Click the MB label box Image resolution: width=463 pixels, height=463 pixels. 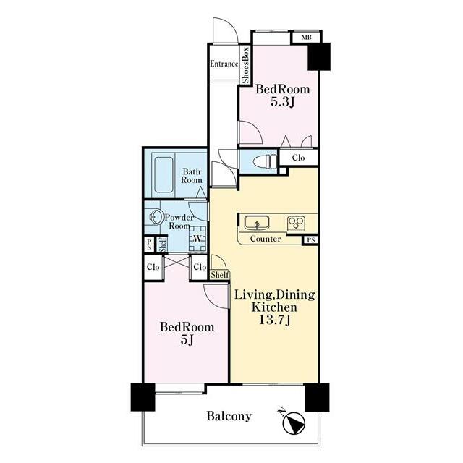(x=306, y=38)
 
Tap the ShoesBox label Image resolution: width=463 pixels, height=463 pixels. (x=245, y=64)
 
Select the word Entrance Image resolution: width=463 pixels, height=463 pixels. (x=224, y=64)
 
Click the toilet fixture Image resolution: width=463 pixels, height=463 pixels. (x=265, y=162)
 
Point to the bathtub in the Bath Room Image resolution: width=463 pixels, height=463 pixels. (x=163, y=175)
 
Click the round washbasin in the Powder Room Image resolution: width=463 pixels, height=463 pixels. (x=157, y=217)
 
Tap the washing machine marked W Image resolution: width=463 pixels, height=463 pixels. (x=197, y=239)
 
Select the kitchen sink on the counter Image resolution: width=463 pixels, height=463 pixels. (x=257, y=223)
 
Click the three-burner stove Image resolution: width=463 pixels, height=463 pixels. (x=296, y=224)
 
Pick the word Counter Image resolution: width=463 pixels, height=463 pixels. (x=266, y=239)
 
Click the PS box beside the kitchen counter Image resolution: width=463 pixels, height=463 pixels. (x=310, y=240)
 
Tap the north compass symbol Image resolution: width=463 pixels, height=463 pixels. (x=293, y=422)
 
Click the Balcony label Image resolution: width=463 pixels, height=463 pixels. (x=229, y=416)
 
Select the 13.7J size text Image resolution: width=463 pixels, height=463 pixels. (x=275, y=320)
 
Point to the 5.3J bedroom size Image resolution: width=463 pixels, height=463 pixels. (x=283, y=102)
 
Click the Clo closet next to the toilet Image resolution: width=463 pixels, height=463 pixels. (x=298, y=158)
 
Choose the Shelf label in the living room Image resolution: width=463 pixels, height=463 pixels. (x=220, y=275)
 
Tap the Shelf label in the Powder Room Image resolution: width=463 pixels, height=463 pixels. (x=162, y=245)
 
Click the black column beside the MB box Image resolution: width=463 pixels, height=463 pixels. (x=319, y=56)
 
